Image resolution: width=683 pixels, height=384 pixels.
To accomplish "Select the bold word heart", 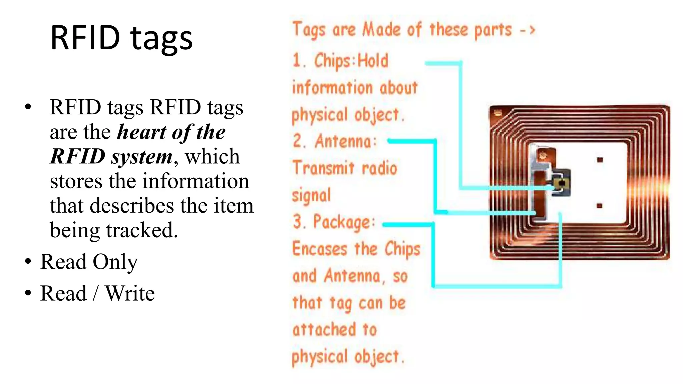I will point(142,132).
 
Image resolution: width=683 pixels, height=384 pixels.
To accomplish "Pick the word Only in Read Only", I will point(115,262).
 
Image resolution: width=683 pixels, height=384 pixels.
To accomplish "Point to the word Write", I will point(130,293).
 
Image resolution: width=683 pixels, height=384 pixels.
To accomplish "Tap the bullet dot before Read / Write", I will point(28,293).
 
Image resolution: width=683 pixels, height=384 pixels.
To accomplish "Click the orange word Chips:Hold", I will point(351,61).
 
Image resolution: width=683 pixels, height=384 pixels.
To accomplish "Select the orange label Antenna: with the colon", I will point(346,141).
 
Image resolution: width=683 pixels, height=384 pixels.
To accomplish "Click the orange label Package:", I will point(344,222).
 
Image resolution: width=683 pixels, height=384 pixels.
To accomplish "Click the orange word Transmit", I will point(323,168).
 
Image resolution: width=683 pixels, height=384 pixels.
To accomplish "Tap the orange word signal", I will point(311,195).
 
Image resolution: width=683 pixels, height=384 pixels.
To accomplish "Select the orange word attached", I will point(324,330).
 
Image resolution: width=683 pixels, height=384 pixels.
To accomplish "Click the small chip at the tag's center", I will point(562,184).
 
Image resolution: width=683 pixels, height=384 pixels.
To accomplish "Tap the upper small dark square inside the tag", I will point(600,160).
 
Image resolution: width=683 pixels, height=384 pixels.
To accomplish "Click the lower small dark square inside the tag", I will point(599,206).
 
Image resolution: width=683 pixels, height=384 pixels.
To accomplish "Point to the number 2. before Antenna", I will point(299,141).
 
